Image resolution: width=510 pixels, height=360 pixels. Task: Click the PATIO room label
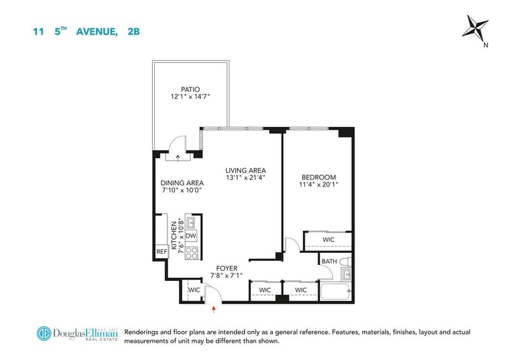[x=190, y=89]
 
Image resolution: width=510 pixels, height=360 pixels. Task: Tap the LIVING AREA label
[x=245, y=170]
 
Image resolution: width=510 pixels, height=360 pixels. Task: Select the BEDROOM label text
[x=319, y=177]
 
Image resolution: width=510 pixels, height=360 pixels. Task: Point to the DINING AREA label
[x=182, y=183]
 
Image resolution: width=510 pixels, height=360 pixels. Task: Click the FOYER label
[x=227, y=268]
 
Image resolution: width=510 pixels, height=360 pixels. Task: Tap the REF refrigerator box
[x=162, y=252]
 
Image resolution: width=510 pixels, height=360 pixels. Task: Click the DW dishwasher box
[x=191, y=236]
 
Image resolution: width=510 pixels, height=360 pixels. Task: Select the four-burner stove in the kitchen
[x=192, y=253]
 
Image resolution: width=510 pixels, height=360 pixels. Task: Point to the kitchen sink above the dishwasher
[x=190, y=222]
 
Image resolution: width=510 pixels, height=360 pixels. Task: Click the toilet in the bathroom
[x=346, y=261]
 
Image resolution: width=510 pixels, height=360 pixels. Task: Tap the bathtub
[x=335, y=292]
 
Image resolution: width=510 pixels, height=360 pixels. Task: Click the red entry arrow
[x=214, y=309]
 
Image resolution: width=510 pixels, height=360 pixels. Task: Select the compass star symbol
[x=475, y=27]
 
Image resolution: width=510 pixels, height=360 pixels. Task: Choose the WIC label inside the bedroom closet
[x=328, y=240]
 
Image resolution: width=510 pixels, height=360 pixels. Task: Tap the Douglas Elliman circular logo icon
[x=44, y=334]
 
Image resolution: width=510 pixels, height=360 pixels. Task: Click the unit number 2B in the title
[x=134, y=32]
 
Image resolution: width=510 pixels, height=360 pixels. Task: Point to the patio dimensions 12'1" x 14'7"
[x=190, y=96]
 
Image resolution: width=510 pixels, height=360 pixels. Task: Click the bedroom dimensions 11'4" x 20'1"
[x=319, y=184]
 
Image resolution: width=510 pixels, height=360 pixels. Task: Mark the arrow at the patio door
[x=178, y=158]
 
